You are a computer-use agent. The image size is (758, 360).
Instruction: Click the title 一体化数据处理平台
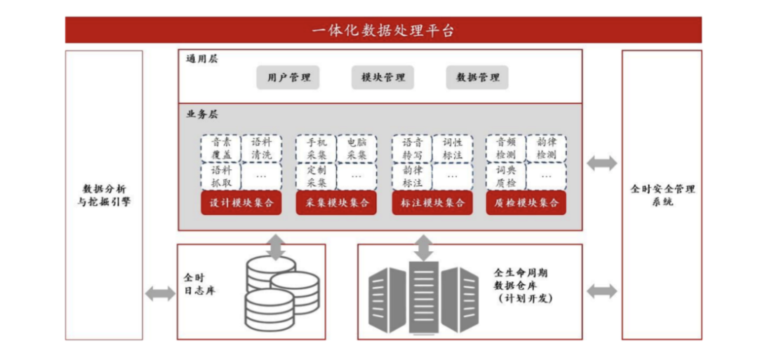383,31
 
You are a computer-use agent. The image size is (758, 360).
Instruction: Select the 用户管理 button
288,77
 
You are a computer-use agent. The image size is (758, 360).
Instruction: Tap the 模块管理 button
383,77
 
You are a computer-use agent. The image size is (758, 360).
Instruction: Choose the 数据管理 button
477,77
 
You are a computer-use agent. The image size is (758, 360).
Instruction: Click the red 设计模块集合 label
241,204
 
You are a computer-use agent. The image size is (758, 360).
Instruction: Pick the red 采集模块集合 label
336,204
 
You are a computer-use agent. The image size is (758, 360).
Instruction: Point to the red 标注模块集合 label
432,204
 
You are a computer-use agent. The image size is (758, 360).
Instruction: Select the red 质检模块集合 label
526,204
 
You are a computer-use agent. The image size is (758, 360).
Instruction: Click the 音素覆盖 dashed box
220,148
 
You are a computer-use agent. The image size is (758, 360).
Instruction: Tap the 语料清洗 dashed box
261,148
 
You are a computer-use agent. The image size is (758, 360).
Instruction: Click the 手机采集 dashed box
316,148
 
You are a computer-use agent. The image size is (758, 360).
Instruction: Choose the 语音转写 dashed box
412,148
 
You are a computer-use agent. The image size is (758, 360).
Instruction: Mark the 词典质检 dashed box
506,176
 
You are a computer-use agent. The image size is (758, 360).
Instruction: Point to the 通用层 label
201,59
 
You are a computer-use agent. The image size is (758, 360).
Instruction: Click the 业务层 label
201,114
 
